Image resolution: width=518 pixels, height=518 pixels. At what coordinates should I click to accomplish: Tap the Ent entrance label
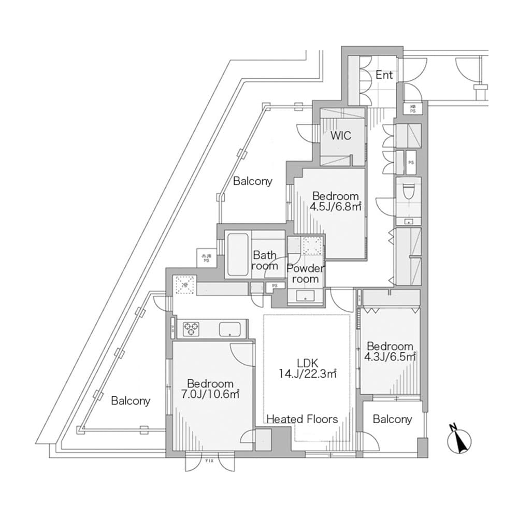point(384,75)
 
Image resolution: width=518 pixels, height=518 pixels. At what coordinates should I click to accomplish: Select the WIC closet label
point(341,136)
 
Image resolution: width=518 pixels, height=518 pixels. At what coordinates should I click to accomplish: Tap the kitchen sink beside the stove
point(229,329)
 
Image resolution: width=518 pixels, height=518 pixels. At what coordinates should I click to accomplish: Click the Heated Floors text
point(302,419)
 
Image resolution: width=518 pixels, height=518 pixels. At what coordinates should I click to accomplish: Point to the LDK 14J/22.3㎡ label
point(307,368)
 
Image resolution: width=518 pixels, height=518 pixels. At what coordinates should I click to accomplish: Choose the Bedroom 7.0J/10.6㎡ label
point(210,388)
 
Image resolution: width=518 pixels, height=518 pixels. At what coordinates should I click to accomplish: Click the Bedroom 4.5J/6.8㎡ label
point(336,201)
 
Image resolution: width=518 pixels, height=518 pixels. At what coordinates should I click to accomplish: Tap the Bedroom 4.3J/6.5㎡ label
point(390,351)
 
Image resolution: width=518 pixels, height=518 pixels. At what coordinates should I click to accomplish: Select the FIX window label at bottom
point(210,460)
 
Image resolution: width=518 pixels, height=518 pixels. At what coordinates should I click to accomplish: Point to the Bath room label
point(265,261)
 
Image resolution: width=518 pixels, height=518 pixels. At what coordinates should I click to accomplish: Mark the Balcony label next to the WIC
point(252,181)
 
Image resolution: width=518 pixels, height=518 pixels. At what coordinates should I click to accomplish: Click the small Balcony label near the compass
point(392,419)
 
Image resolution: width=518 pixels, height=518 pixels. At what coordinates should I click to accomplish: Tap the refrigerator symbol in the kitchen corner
point(184,284)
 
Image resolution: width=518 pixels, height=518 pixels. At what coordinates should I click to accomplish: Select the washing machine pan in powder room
point(312,246)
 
